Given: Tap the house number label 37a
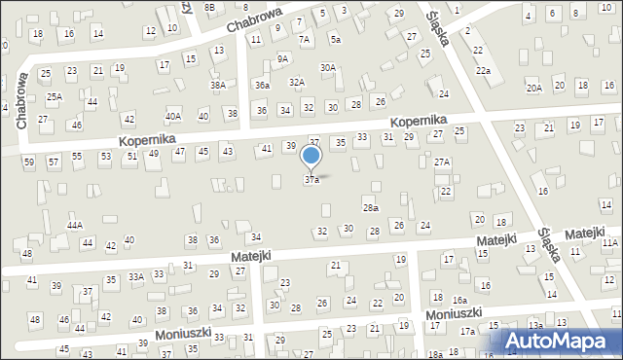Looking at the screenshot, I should click(x=311, y=180).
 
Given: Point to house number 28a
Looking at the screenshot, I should click(x=370, y=208).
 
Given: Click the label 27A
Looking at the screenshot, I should click(x=442, y=162).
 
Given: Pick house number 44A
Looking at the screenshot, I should click(x=75, y=226).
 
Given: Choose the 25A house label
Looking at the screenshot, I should click(x=54, y=96).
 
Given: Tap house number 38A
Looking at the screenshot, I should click(x=218, y=86).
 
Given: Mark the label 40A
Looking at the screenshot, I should click(x=173, y=117).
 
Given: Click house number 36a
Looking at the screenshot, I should click(x=262, y=86).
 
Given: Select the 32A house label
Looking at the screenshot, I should click(x=297, y=84).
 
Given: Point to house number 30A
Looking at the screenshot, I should click(x=328, y=68).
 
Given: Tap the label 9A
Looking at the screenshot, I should click(x=283, y=58).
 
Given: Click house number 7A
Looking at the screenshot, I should click(x=305, y=40).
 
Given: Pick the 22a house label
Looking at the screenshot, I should click(x=483, y=71).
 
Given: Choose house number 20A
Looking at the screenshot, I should click(x=534, y=89).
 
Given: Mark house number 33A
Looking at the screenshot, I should click(x=136, y=277).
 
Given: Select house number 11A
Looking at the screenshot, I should click(x=609, y=242).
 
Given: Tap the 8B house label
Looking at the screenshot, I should click(x=209, y=8).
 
